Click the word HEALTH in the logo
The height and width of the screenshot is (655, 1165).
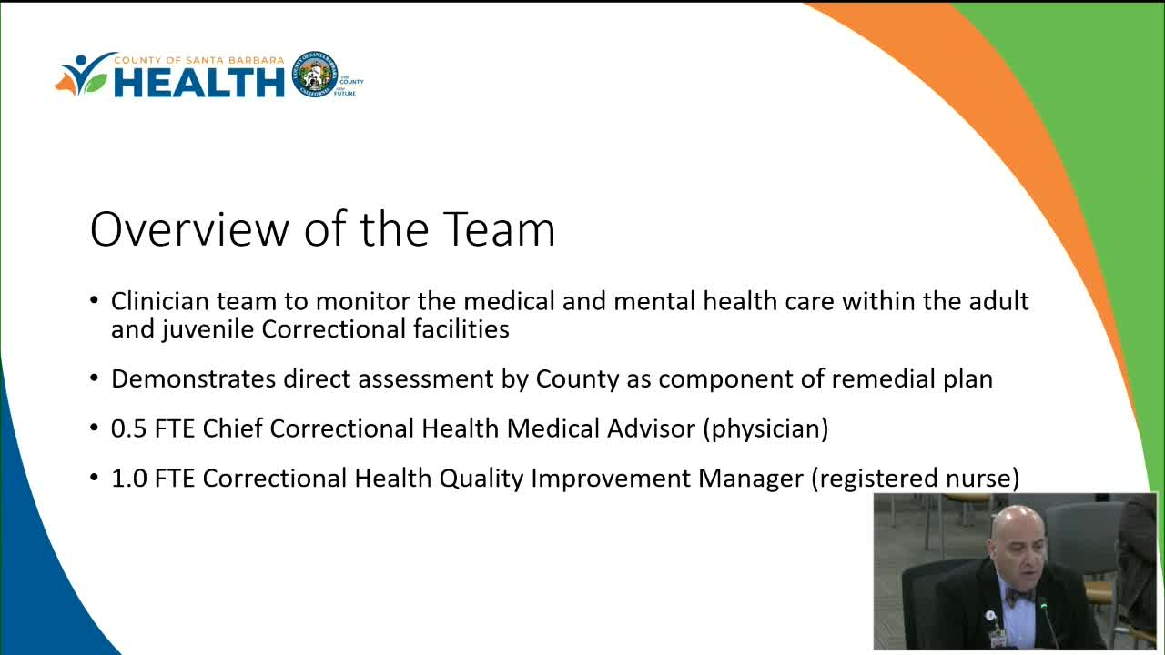tap(199, 82)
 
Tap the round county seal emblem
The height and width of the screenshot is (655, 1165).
tap(315, 75)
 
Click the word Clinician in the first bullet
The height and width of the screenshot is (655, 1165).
tap(159, 301)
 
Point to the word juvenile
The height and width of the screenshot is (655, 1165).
tap(208, 330)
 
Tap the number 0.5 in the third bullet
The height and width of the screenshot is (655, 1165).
tap(129, 428)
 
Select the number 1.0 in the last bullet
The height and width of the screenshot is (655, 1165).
tap(129, 479)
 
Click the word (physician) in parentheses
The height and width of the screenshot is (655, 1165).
tap(765, 429)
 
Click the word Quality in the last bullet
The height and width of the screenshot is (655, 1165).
tap(481, 479)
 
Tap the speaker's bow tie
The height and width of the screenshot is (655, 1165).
tap(1019, 596)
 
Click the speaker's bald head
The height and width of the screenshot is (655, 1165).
tap(1017, 525)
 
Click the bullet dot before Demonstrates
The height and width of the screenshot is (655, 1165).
tap(94, 378)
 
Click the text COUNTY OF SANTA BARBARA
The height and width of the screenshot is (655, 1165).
tap(199, 60)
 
